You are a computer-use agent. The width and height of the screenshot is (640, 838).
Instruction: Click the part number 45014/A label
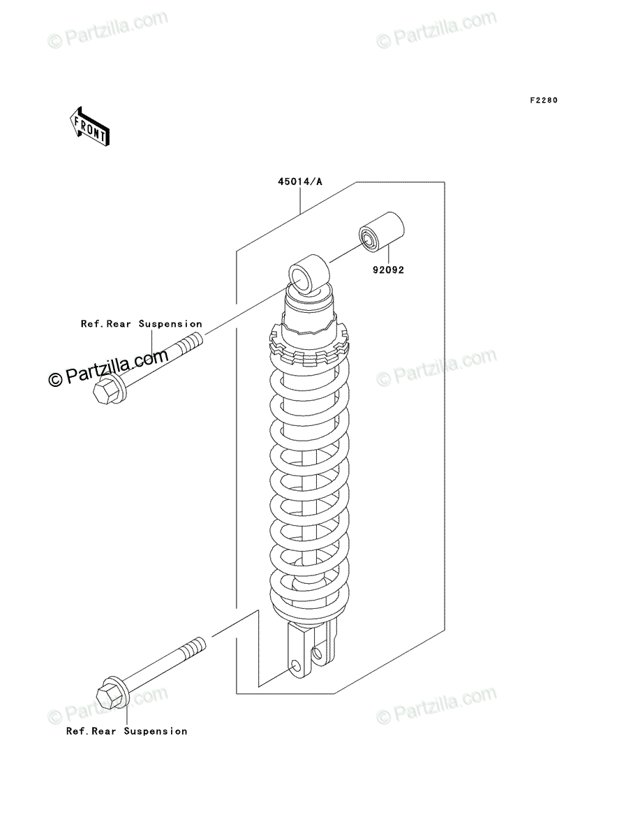coord(300,182)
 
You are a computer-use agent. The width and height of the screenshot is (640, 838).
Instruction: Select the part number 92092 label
coord(388,270)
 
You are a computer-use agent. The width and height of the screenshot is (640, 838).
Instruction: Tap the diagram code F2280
coord(544,100)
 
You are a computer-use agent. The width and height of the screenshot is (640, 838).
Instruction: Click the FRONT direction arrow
coord(89,126)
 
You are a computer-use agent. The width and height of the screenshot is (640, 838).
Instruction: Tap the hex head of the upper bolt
coord(105,390)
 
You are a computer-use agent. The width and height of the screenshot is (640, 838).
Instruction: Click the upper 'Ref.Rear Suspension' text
coord(142,324)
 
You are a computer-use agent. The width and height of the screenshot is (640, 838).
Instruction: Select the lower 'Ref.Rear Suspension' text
coord(126,731)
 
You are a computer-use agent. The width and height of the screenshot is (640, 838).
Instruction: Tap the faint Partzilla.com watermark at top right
coord(436,29)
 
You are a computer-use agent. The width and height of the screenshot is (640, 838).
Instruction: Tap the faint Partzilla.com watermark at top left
coord(107,29)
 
